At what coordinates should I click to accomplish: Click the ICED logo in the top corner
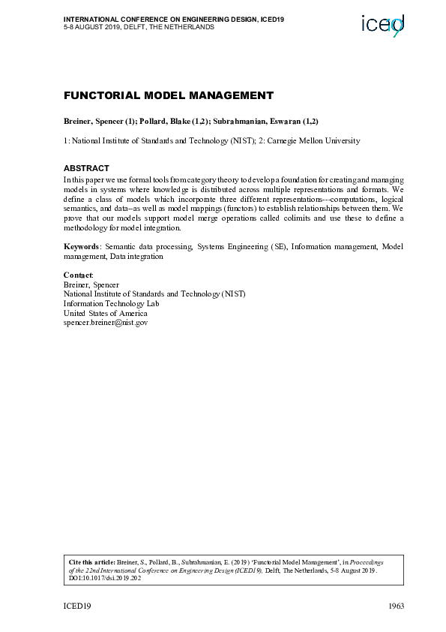[x=383, y=26]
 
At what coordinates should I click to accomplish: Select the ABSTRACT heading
[x=86, y=168]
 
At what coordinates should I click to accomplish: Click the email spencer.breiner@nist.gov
[x=106, y=322]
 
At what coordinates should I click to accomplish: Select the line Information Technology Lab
[x=112, y=303]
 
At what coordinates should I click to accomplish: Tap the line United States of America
[x=104, y=313]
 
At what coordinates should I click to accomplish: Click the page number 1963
[x=396, y=606]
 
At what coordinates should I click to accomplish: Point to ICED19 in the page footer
[x=77, y=606]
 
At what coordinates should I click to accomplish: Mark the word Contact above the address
[x=78, y=275]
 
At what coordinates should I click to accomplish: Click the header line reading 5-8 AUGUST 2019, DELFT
[x=139, y=26]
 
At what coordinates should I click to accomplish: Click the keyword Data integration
[x=136, y=256]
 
